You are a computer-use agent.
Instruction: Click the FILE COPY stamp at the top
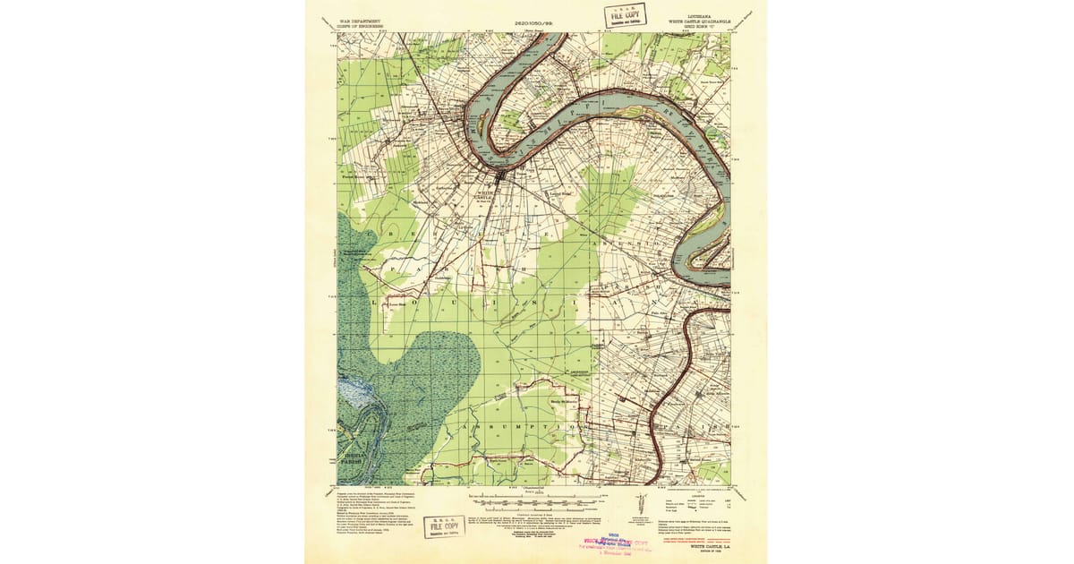(x=623, y=15)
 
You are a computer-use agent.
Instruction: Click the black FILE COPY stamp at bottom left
(x=443, y=526)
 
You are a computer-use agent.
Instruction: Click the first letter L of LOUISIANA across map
(x=373, y=303)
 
